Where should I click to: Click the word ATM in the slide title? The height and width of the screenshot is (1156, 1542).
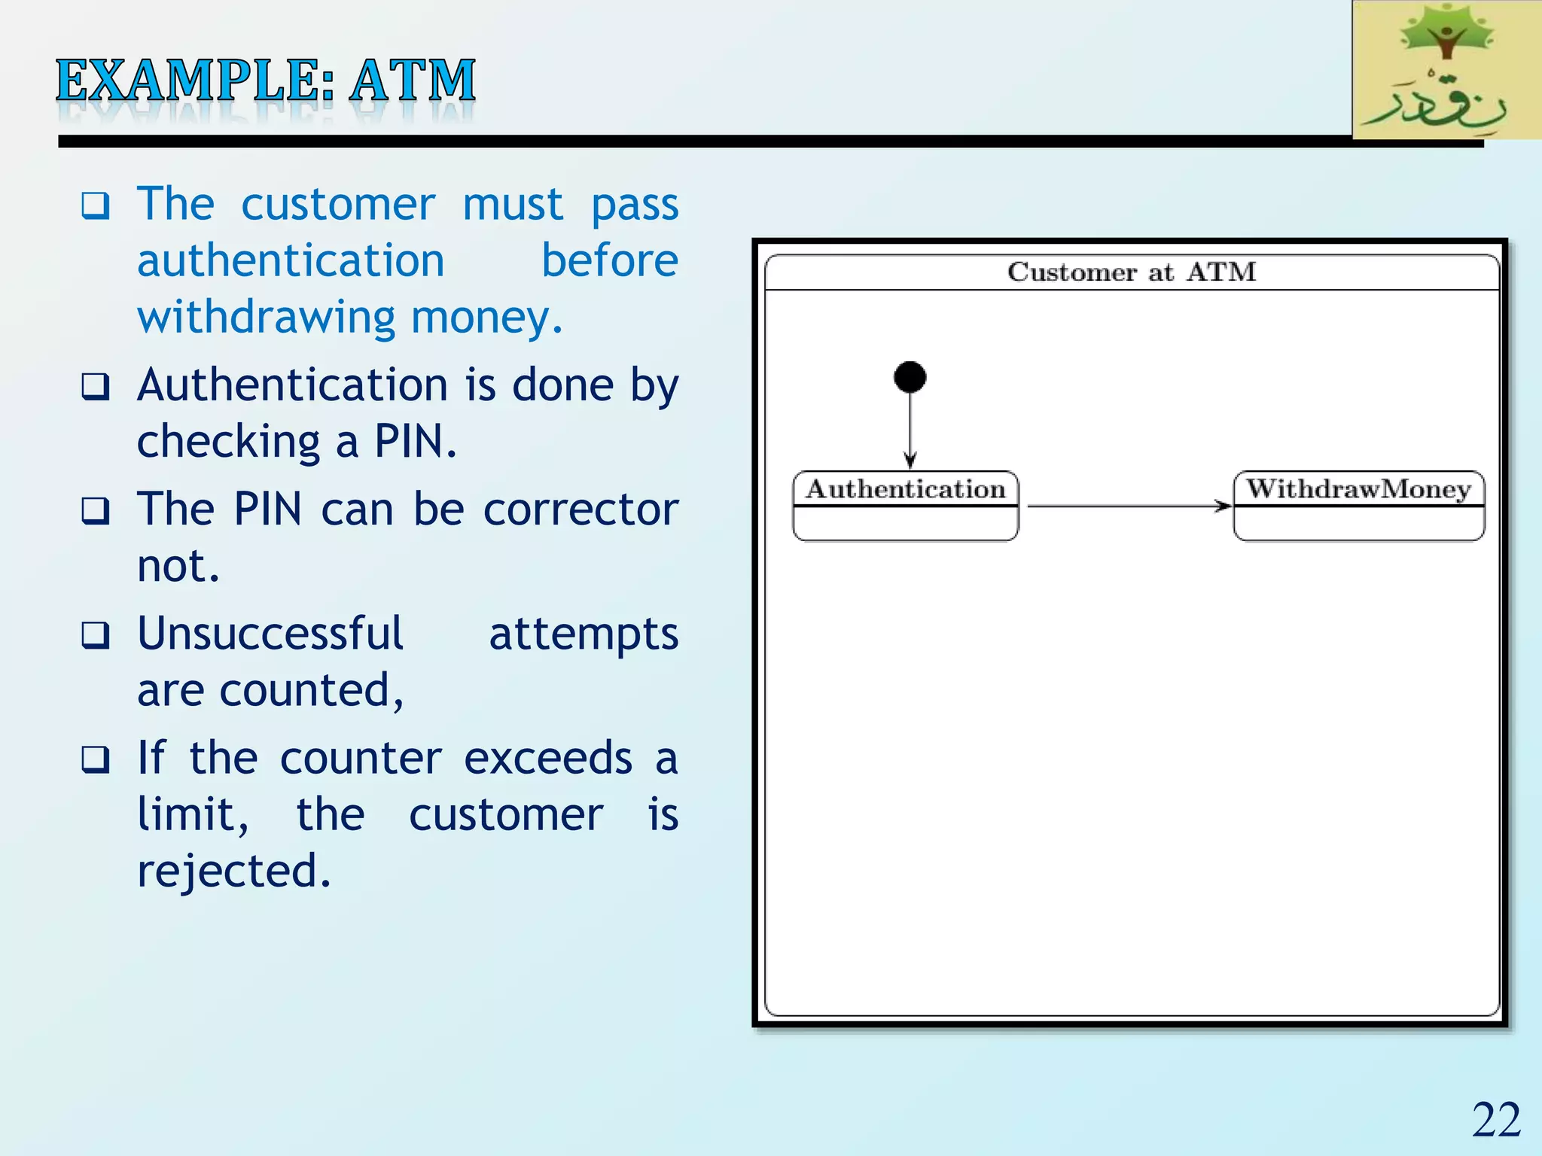(413, 81)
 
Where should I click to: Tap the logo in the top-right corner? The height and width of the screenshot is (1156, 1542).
(1446, 70)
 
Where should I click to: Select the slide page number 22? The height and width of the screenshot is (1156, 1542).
(1496, 1120)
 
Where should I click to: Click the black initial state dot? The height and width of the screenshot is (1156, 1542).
(910, 377)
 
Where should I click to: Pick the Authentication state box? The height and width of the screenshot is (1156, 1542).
(906, 506)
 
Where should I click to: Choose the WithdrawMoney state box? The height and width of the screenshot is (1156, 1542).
(1359, 506)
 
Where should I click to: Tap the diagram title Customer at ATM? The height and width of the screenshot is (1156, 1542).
(1132, 272)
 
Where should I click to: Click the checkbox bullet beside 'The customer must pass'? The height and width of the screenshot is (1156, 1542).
(96, 205)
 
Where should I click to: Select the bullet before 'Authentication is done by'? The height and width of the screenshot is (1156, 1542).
(96, 387)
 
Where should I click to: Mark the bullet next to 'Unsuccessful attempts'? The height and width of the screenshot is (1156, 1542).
(96, 636)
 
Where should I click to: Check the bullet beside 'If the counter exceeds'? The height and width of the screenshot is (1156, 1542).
(96, 760)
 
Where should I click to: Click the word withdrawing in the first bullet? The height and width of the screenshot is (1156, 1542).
(266, 318)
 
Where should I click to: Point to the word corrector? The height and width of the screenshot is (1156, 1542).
(581, 510)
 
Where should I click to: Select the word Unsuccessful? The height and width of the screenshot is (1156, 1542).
(270, 634)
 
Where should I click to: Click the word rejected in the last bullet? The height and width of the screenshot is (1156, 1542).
(233, 872)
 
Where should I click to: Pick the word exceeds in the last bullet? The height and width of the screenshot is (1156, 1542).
(548, 758)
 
